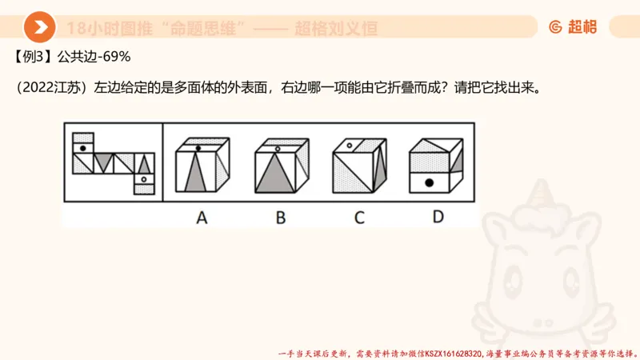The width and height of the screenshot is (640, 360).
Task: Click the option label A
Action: point(202,216)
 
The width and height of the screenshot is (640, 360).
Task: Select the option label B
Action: point(280,216)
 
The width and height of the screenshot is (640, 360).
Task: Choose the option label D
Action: point(438,216)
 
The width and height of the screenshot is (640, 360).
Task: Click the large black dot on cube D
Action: point(429,183)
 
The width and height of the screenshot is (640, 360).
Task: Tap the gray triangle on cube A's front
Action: point(196,176)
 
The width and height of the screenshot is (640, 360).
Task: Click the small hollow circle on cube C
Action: point(347,146)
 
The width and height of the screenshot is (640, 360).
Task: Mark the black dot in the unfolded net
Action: point(81,147)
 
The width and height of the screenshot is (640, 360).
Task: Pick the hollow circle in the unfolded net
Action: point(144,180)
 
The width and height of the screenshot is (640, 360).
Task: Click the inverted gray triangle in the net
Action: point(102,162)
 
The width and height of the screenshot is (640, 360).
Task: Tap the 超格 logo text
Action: point(582,27)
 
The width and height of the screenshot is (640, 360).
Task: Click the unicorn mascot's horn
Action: point(544,192)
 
